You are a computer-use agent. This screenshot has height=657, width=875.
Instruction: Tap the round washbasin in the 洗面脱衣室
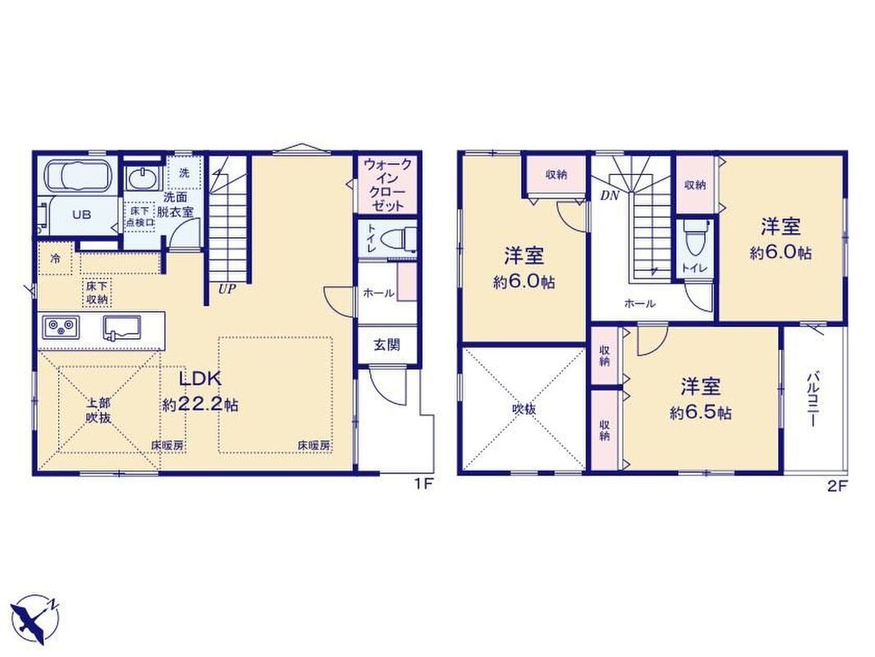coord(144,178)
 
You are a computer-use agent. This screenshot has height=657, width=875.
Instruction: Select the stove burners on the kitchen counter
coord(62,327)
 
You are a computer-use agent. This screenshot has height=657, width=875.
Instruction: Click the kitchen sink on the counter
coord(122,327)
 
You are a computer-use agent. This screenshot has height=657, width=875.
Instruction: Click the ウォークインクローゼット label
coord(387,185)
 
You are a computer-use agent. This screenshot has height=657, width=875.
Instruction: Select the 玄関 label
coord(387,344)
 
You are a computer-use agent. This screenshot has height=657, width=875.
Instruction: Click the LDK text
coord(200,378)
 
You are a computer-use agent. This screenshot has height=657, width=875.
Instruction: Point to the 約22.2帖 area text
coord(200,404)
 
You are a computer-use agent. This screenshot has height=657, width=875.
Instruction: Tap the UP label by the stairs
coord(227,289)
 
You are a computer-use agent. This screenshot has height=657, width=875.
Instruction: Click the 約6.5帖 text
coord(701,413)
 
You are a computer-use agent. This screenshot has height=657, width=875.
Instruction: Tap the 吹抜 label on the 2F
coord(524,409)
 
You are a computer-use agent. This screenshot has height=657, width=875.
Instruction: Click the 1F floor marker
coord(423,485)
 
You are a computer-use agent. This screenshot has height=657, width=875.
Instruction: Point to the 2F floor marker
coord(838,485)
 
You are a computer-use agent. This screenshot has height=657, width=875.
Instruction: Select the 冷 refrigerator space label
coord(55,259)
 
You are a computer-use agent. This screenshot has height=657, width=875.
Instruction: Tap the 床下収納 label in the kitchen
coord(97,292)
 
